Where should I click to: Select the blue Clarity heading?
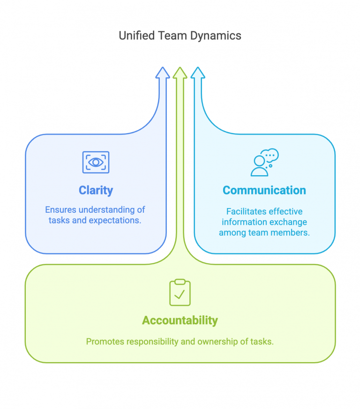pyautogui.click(x=96, y=190)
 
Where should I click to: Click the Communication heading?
pyautogui.click(x=264, y=190)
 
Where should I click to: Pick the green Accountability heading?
pyautogui.click(x=180, y=320)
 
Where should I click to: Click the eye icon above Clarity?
pyautogui.click(x=96, y=162)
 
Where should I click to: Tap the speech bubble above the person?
pyautogui.click(x=270, y=155)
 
